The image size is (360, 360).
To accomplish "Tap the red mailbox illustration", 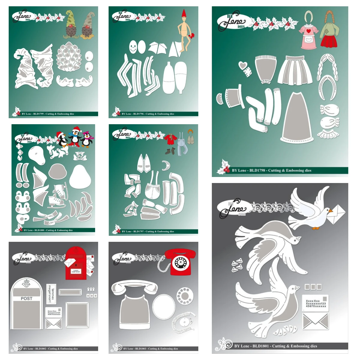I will click(76, 263).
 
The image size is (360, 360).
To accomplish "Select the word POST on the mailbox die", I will click(26, 298).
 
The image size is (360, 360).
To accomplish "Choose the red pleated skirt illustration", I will click(329, 41).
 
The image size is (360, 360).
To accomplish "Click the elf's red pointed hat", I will click(184, 13).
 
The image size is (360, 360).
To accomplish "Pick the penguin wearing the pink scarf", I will click(88, 139).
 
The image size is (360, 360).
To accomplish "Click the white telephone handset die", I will click(134, 287).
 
